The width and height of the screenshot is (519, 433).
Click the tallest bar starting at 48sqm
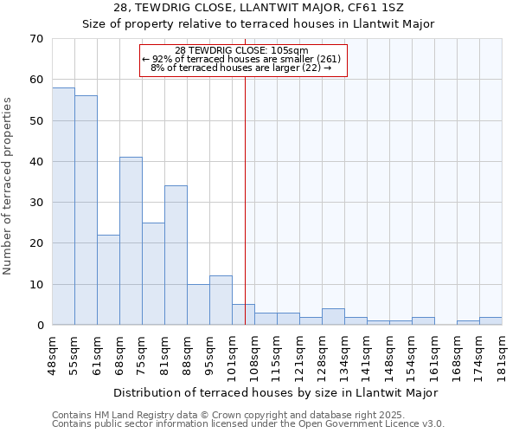click(63, 206)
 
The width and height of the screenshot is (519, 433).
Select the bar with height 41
click(131, 241)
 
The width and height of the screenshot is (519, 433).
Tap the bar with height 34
click(176, 255)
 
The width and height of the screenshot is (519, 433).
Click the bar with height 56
click(86, 210)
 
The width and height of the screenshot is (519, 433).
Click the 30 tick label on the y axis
click(35, 203)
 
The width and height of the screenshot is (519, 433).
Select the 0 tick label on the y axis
click(39, 326)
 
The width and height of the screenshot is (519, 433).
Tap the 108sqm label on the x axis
click(254, 352)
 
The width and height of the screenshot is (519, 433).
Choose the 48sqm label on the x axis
click(52, 352)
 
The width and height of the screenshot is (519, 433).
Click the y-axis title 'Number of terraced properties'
click(9, 186)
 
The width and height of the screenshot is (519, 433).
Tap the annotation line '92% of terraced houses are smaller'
click(242, 59)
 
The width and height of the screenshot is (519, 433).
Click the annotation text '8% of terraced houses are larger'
click(242, 68)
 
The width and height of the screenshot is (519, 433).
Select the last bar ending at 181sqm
click(490, 321)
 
